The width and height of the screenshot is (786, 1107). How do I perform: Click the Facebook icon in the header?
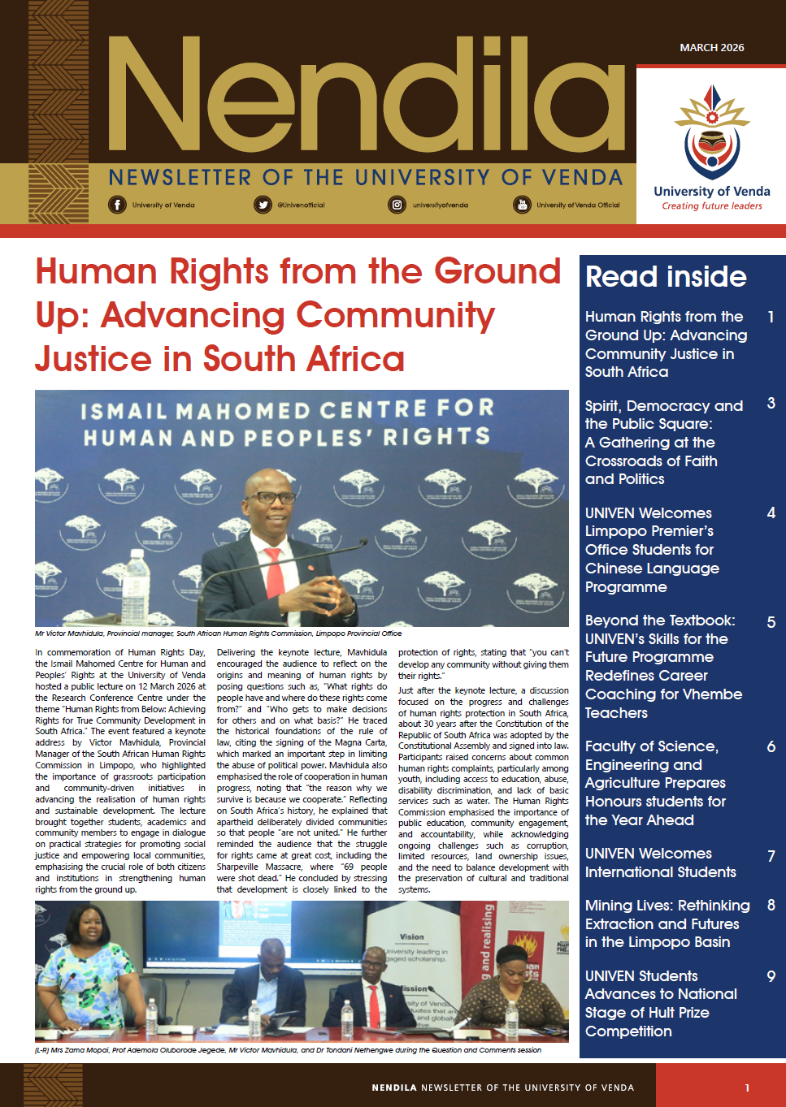coord(118,205)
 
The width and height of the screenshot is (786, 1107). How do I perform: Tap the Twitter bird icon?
coord(263,205)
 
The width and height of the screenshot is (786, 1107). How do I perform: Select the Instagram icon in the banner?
coord(397,205)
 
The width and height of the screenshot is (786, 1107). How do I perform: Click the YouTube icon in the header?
coord(521,205)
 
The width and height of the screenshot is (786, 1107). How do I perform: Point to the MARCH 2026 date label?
coord(711,48)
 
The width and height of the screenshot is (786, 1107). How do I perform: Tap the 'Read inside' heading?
coord(666,277)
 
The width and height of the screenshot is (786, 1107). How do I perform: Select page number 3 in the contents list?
coord(771,404)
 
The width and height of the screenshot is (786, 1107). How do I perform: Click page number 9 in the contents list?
coord(771,976)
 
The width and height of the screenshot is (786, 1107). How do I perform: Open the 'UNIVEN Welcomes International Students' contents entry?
coord(660,863)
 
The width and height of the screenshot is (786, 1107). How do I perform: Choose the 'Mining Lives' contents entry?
coord(667,923)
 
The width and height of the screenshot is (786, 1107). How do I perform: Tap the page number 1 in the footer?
coord(747,1088)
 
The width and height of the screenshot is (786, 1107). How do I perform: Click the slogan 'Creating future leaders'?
coord(711,206)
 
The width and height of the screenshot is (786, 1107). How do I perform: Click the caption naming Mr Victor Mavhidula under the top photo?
coord(218,633)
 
